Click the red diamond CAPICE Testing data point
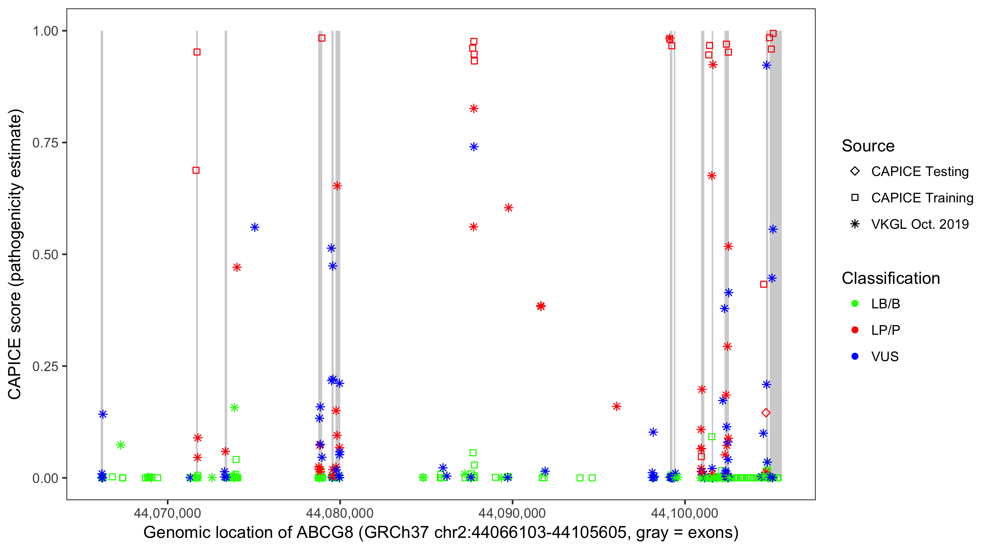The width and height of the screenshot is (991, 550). coord(766,413)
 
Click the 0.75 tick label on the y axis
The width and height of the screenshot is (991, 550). coord(45,143)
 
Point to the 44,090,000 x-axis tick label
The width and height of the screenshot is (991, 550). coord(512,513)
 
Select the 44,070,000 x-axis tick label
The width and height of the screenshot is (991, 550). coord(167,513)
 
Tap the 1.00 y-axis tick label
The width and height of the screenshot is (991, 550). coord(45,31)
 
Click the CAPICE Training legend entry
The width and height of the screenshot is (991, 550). coord(922,198)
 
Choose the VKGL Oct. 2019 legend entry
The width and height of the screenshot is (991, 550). coord(919,224)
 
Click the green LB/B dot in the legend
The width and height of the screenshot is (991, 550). coord(855,304)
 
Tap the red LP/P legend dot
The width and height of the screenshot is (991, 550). coord(855,330)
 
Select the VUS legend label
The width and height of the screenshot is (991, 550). coord(885,357)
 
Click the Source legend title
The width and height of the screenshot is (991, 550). coord(868,146)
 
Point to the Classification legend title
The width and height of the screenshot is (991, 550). coord(890,278)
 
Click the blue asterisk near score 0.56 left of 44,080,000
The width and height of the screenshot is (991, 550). coord(255,228)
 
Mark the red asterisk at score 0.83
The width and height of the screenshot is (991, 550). coord(473,109)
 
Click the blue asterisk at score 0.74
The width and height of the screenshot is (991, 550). coord(473,147)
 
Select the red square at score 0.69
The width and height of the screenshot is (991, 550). coord(196,170)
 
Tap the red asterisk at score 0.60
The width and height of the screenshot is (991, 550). coord(508,208)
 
